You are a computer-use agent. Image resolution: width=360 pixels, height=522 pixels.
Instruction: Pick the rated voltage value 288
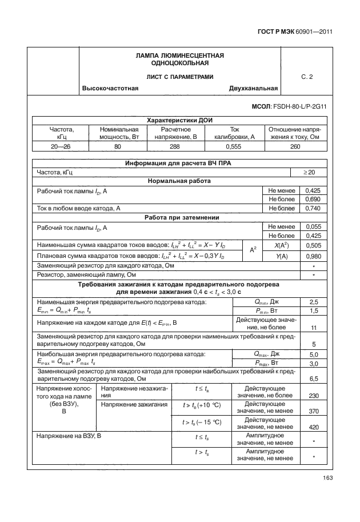pos(175,147)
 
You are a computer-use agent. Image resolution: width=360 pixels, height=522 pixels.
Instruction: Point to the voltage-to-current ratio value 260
pos(295,147)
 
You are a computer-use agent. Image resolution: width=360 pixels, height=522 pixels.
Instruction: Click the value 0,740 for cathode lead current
pos(313,208)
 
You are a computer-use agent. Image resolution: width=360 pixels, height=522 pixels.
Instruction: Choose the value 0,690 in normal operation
pos(313,199)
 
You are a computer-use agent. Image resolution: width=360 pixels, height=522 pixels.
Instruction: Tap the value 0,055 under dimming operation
pos(313,226)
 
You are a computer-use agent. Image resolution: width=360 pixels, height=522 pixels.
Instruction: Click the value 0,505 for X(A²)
pos(313,245)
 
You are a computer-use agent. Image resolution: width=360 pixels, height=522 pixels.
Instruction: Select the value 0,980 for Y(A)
pos(313,256)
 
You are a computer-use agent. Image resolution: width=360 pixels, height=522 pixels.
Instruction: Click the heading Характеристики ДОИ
pos(178,121)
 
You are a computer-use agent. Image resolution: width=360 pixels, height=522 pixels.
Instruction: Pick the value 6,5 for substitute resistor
pos(313,378)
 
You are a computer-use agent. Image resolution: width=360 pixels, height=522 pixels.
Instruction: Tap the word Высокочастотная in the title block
pos(111,88)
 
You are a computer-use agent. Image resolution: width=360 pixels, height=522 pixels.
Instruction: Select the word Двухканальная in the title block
pos(253,88)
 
